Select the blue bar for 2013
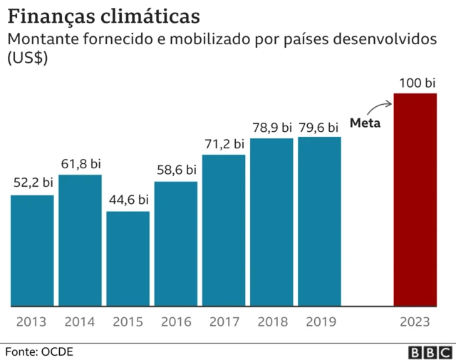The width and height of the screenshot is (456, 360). coord(32,250)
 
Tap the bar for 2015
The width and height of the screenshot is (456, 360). coord(128,259)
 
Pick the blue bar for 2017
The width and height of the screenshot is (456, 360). coord(224,230)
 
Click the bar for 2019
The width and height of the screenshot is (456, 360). coord(319,221)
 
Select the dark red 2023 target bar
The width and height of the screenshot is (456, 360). coord(415,200)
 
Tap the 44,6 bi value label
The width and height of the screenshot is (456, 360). coord(128,200)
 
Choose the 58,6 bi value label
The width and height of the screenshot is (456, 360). coord(176,170)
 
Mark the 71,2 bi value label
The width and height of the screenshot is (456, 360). coord(224,143)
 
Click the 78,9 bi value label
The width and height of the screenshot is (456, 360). coord(272,127)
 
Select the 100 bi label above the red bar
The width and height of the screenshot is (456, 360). coord(417,83)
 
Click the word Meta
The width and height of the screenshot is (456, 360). coord(365,123)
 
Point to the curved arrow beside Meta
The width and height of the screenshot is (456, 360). coord(381,107)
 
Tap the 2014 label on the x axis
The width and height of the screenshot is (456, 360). coord(80,322)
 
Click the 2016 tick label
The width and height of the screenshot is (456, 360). coord(176,322)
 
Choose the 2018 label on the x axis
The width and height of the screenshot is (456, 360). coord(272,322)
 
